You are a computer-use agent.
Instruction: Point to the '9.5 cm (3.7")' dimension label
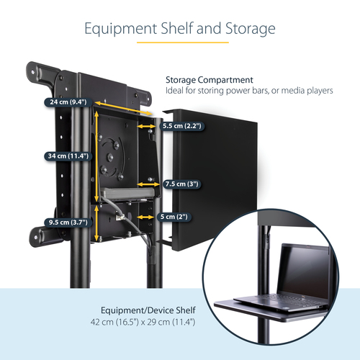pyautogui.click(x=66, y=222)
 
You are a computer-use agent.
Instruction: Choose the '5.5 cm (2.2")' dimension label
pyautogui.click(x=182, y=125)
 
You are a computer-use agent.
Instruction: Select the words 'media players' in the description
pyautogui.click(x=310, y=91)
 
